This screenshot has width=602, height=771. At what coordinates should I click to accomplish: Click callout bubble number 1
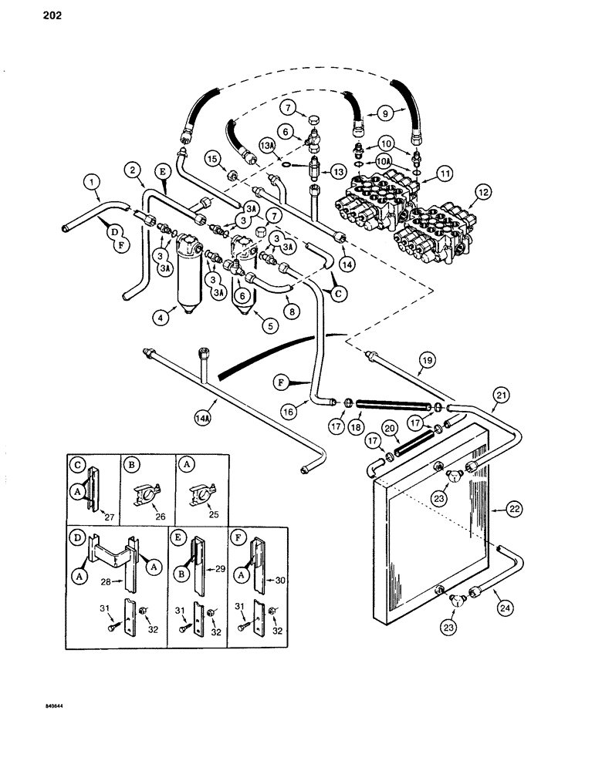tap(91, 183)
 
